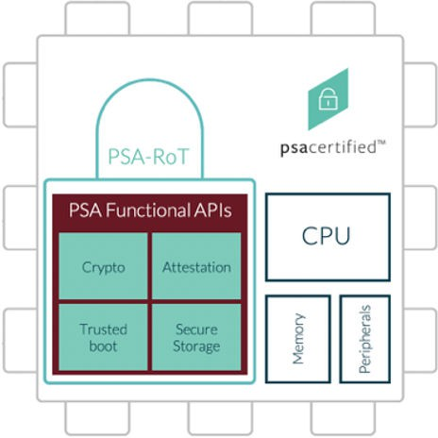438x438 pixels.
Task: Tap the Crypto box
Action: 104,266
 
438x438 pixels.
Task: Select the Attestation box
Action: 197,266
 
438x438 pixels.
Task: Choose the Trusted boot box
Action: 104,337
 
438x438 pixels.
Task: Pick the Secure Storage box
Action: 197,337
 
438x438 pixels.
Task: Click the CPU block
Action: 327,236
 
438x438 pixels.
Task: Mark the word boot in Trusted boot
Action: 104,345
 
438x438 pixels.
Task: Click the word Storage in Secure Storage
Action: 197,345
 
